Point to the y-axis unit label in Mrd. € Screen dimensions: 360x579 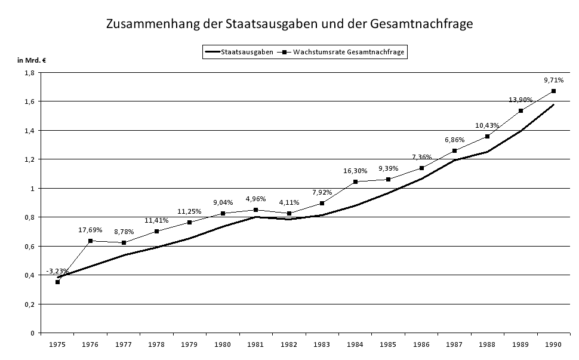pyautogui.click(x=32, y=60)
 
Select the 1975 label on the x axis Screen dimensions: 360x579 pyautogui.click(x=57, y=344)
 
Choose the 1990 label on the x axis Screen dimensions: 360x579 pyautogui.click(x=553, y=344)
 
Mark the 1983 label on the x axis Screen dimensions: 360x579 pyautogui.click(x=322, y=344)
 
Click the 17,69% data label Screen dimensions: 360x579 pyautogui.click(x=90, y=230)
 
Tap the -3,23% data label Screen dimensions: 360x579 pyautogui.click(x=57, y=271)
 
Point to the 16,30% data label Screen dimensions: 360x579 pyautogui.click(x=355, y=171)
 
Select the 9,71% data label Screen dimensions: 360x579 pyautogui.click(x=553, y=80)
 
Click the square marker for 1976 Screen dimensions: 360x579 pyautogui.click(x=90, y=241)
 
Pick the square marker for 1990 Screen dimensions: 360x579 pyautogui.click(x=553, y=91)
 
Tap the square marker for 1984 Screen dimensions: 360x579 pyautogui.click(x=355, y=181)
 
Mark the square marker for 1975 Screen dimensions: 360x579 pyautogui.click(x=57, y=282)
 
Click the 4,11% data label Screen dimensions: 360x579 pyautogui.click(x=289, y=202)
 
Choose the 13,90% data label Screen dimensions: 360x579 pyautogui.click(x=521, y=100)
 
